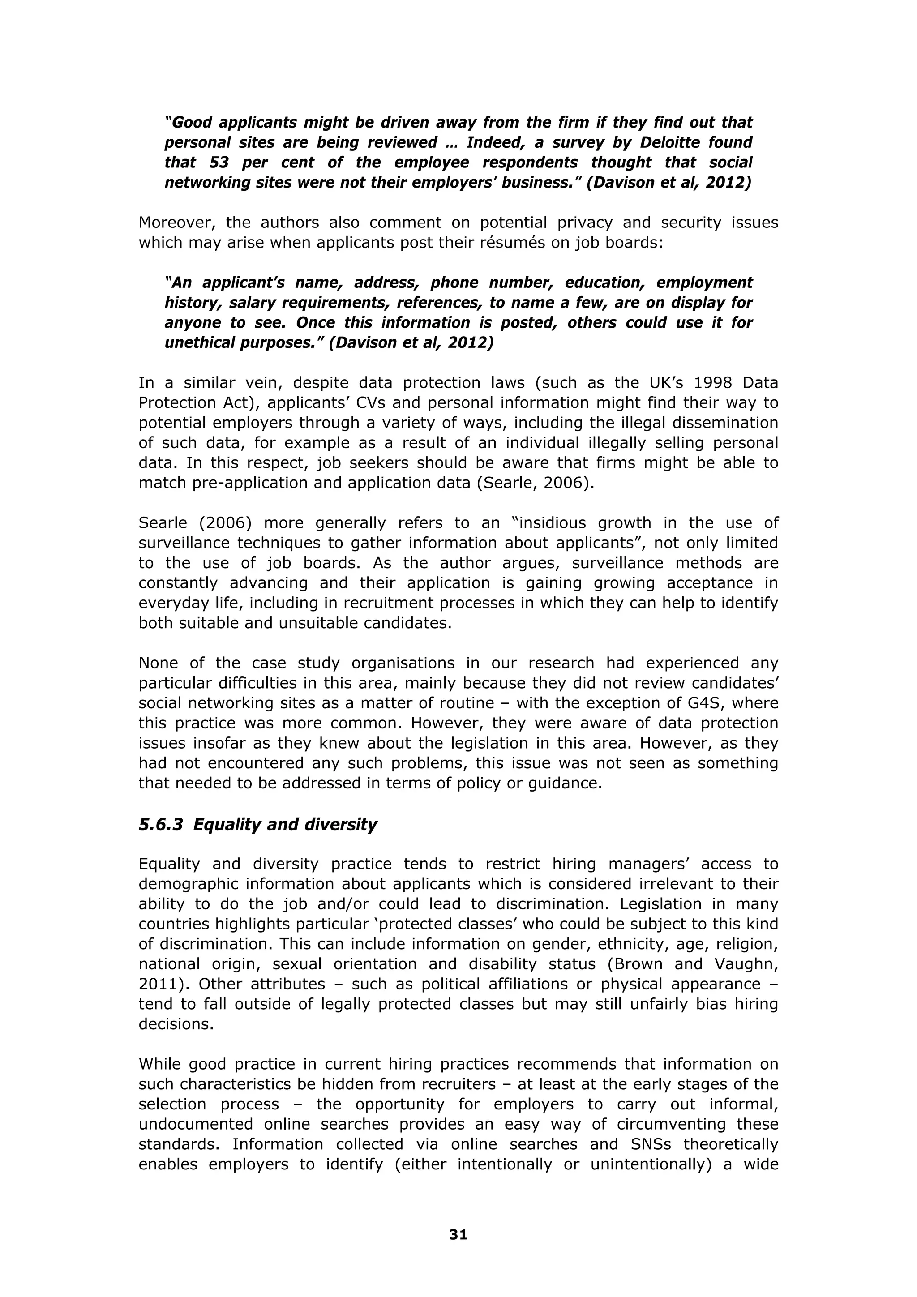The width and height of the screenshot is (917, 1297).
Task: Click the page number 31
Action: pos(458,1235)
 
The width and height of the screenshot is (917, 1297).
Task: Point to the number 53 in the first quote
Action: pos(219,163)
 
